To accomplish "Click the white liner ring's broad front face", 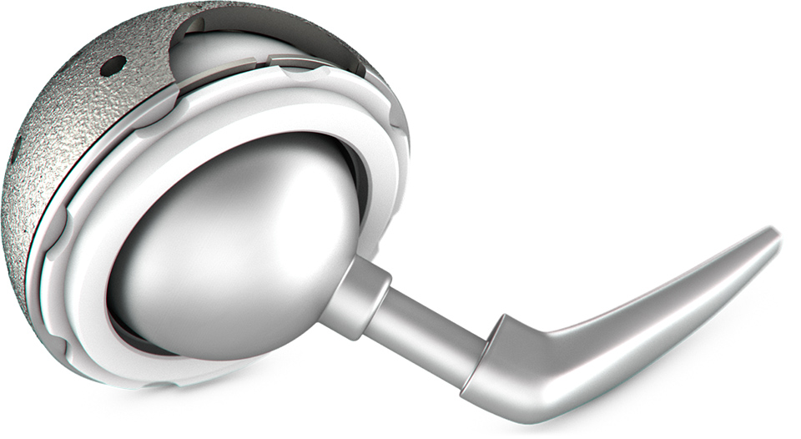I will (100, 250).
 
